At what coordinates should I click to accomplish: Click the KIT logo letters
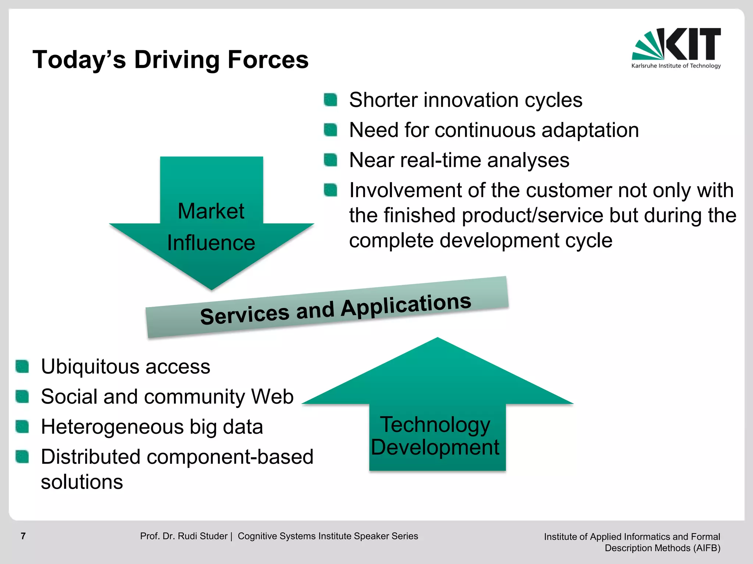click(x=693, y=44)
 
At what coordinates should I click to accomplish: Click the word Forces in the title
click(x=268, y=60)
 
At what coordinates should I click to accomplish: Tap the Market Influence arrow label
click(x=211, y=227)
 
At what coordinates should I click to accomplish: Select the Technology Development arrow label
click(x=435, y=436)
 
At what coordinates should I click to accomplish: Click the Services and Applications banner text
click(x=335, y=310)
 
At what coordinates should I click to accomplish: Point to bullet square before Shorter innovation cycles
click(x=331, y=100)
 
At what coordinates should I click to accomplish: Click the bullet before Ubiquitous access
click(x=22, y=366)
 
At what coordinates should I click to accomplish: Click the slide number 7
click(x=23, y=536)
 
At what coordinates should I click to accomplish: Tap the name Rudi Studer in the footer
click(x=203, y=536)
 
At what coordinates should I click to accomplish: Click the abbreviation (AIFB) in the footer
click(x=706, y=548)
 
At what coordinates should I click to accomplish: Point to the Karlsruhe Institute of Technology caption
click(x=676, y=66)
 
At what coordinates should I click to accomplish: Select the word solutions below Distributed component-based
click(x=82, y=482)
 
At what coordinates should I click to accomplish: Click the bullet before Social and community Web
click(x=22, y=397)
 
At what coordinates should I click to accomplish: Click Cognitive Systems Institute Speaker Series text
click(x=328, y=536)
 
